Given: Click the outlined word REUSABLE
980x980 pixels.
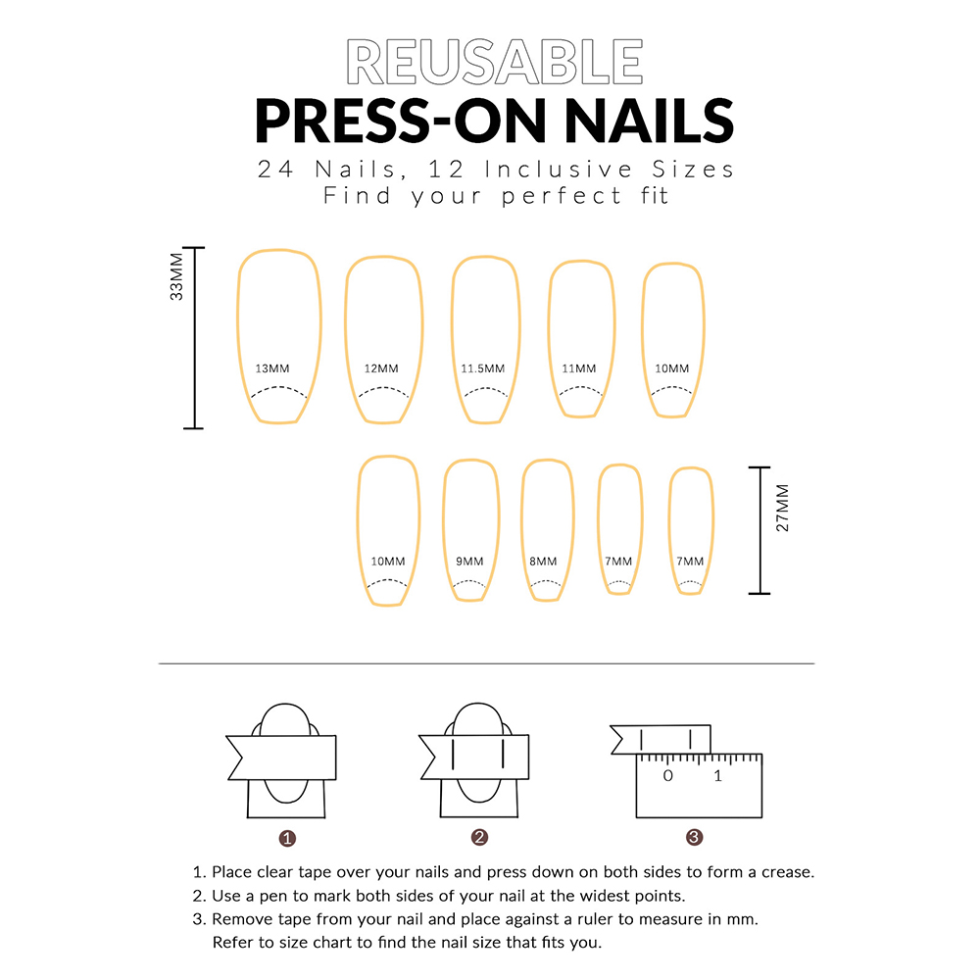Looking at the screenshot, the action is [x=494, y=61].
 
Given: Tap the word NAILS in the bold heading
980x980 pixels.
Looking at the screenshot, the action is [x=650, y=121].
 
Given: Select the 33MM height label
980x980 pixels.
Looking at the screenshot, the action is [x=176, y=277].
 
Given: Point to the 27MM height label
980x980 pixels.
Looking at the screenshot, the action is [x=782, y=508].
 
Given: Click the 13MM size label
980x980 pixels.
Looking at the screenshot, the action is [x=272, y=368].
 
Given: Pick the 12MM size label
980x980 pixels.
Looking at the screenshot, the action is [x=381, y=368].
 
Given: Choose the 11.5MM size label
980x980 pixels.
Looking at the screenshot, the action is [x=482, y=368].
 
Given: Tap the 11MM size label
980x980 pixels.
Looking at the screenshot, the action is [x=579, y=368].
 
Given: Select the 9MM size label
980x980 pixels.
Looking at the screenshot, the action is [x=469, y=562].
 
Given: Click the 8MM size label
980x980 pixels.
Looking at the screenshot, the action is [x=543, y=562].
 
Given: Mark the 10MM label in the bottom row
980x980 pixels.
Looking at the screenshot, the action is [x=388, y=562].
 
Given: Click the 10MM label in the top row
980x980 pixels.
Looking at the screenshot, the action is [x=672, y=368].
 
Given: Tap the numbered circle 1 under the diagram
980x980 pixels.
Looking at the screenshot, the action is [x=287, y=838].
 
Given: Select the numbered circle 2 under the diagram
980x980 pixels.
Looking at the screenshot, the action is [x=479, y=838].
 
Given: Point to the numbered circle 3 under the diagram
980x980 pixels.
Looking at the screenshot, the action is [x=695, y=838].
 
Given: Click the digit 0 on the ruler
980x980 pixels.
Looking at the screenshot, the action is [x=668, y=775].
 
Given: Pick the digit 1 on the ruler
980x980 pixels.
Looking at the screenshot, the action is [x=717, y=775].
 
